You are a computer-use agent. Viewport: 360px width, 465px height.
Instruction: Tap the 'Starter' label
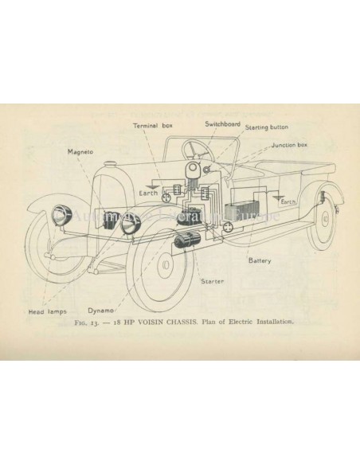click(212, 281)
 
